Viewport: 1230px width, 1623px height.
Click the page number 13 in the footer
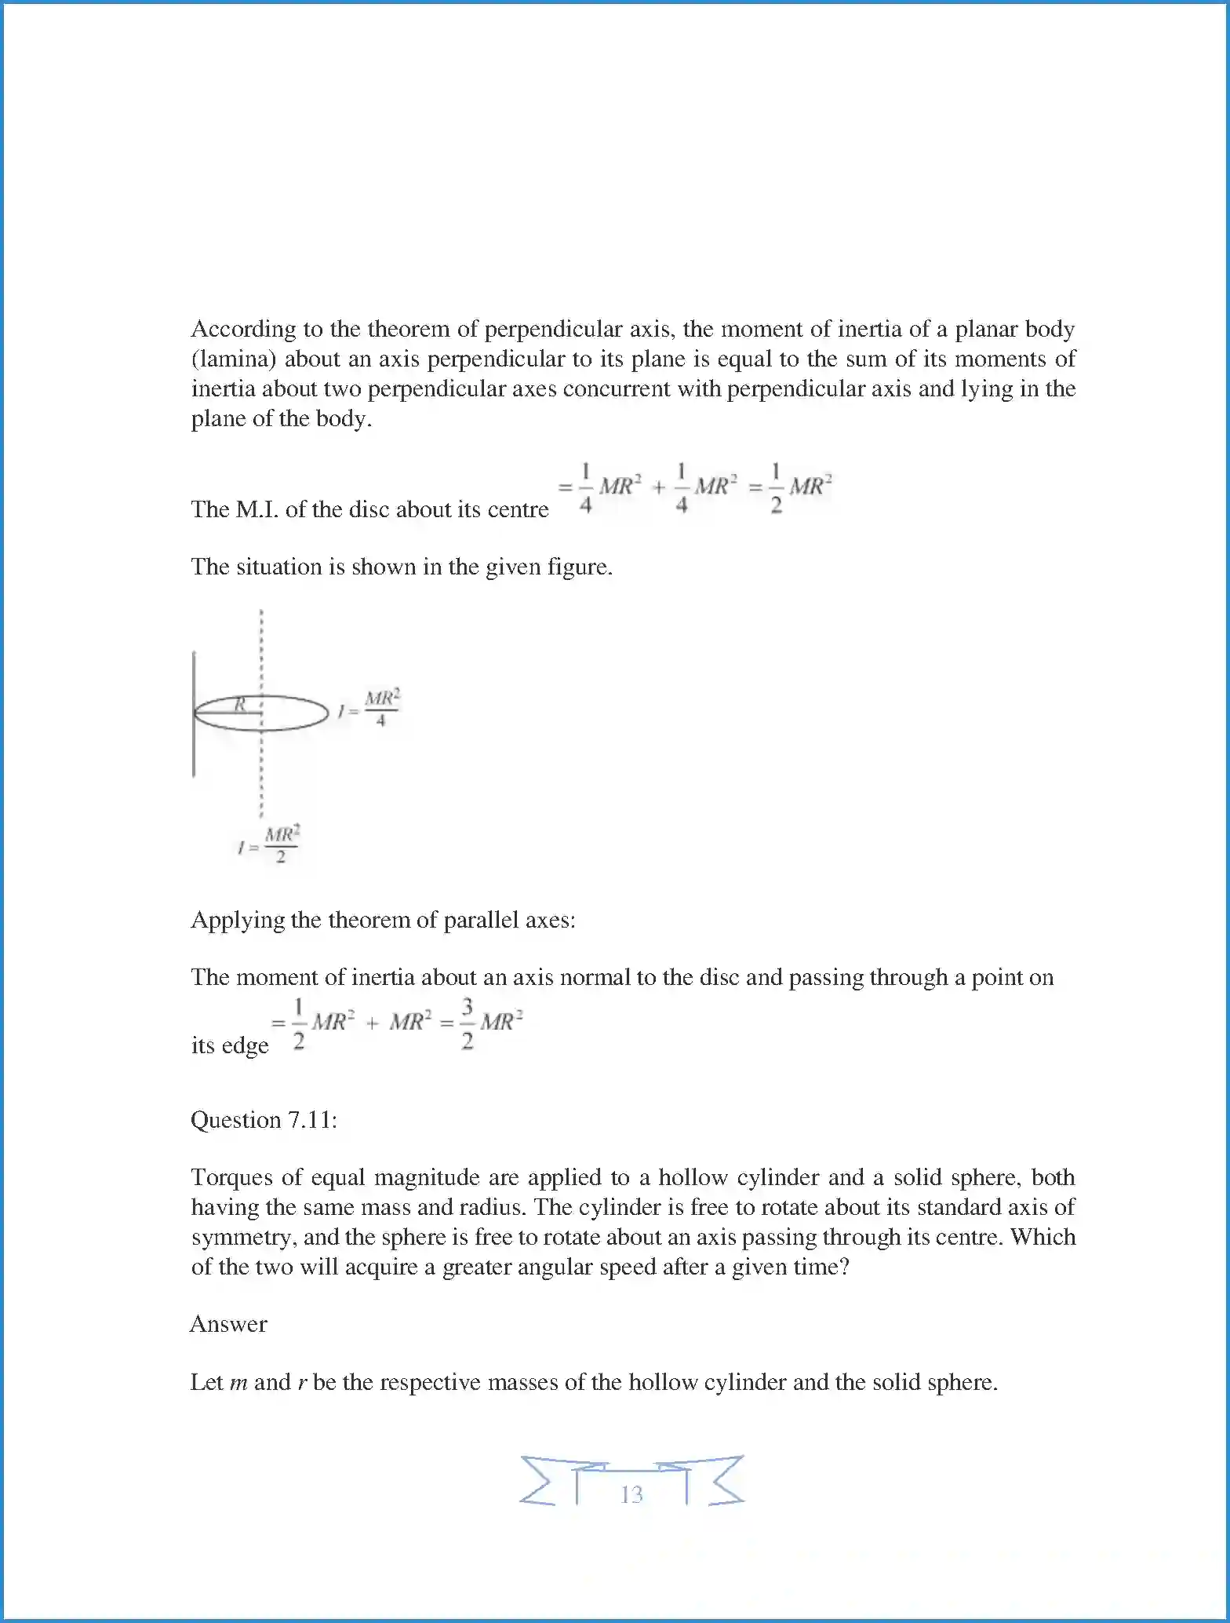point(631,1494)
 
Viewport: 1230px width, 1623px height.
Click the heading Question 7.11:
point(264,1119)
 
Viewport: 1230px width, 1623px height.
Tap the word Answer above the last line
point(228,1324)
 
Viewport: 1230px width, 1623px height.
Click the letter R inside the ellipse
point(242,704)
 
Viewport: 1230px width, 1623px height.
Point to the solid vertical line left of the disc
point(194,714)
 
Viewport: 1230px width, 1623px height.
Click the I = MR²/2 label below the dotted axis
point(269,844)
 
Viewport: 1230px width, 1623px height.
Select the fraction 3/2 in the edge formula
point(467,1023)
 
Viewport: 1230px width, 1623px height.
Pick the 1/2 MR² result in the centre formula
point(800,487)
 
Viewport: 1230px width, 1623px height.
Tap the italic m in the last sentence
point(238,1382)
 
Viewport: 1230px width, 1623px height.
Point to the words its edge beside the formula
point(230,1045)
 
